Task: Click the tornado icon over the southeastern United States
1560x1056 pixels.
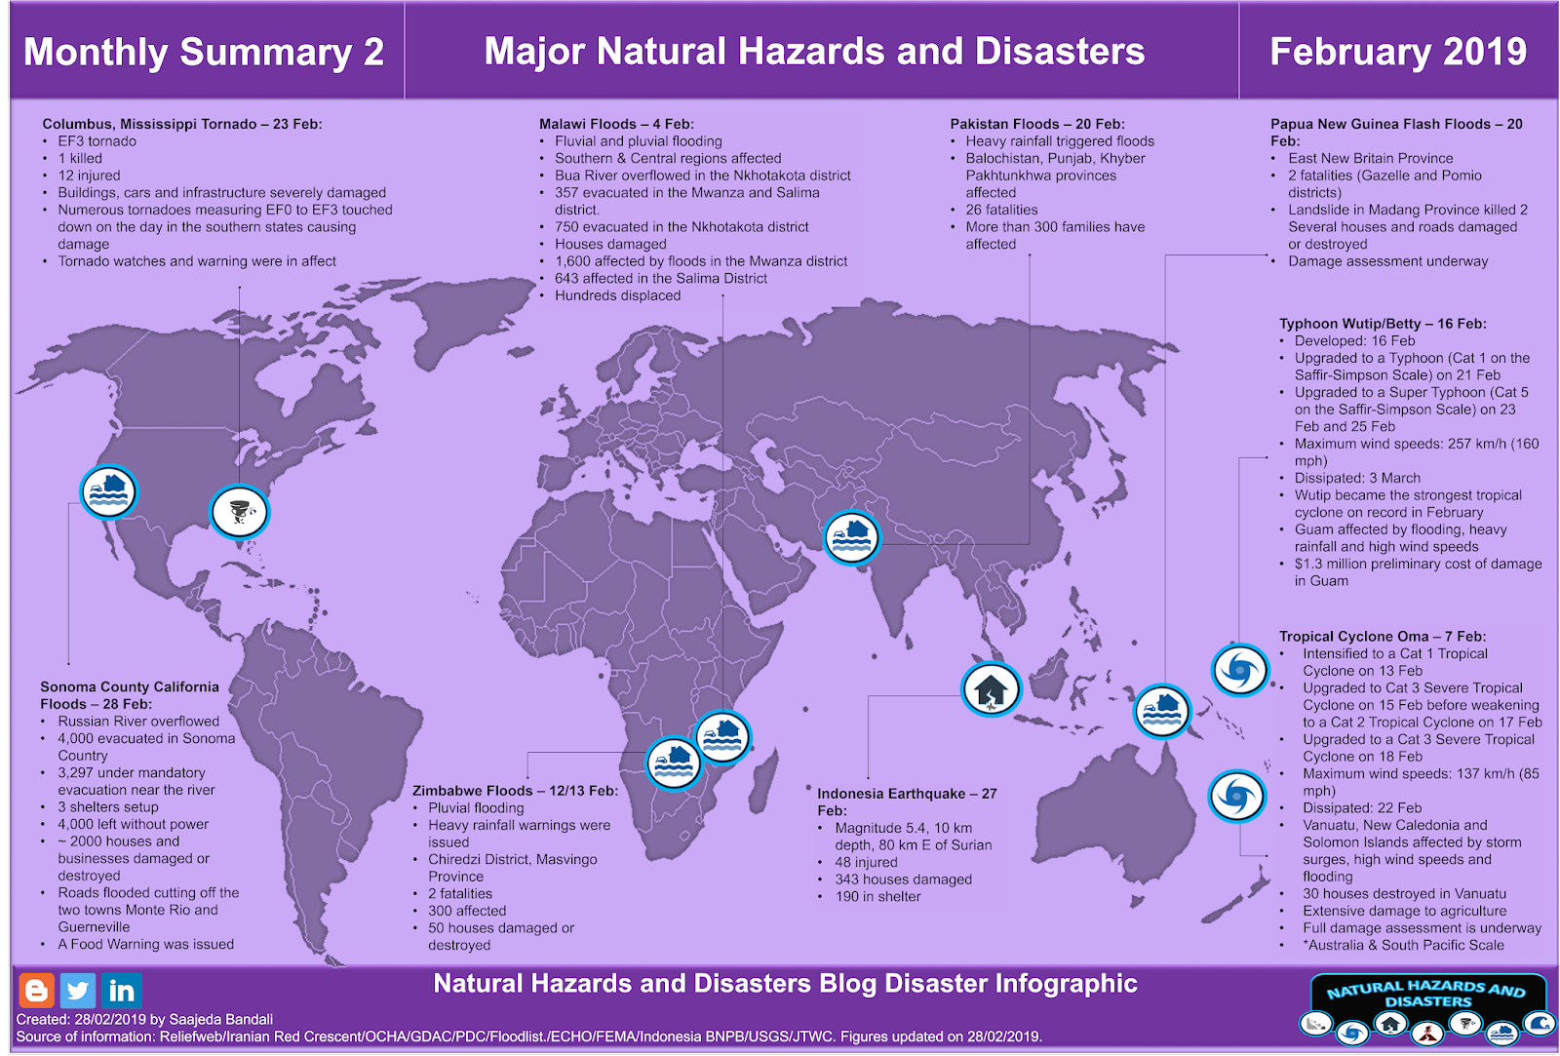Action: tap(240, 512)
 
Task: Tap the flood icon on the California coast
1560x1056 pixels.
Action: tap(108, 490)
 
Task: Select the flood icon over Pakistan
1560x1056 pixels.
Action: tap(851, 537)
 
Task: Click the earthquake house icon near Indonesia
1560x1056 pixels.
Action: tap(991, 689)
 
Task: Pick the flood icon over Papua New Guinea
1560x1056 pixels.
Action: tap(1162, 711)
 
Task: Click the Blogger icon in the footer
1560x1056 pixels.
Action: tap(36, 991)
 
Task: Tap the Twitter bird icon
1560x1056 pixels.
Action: tap(78, 991)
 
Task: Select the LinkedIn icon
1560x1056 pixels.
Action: tap(122, 991)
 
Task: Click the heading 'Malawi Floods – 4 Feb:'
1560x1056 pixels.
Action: tap(616, 124)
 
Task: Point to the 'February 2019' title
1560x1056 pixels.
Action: tap(1398, 52)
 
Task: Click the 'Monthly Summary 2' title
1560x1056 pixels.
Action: tap(204, 52)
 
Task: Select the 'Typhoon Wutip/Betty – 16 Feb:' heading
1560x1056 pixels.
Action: tap(1383, 324)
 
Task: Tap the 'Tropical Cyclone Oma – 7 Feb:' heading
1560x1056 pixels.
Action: tap(1383, 637)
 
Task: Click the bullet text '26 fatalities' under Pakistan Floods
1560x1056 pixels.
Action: tap(1001, 210)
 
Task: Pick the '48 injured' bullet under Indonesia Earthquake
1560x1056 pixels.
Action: tap(866, 862)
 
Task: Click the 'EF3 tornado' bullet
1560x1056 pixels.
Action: tap(97, 141)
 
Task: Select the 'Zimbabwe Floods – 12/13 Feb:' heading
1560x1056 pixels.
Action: tap(515, 791)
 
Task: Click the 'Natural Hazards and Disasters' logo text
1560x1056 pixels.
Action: tap(1426, 994)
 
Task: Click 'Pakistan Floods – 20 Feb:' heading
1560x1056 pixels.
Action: tap(1037, 124)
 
